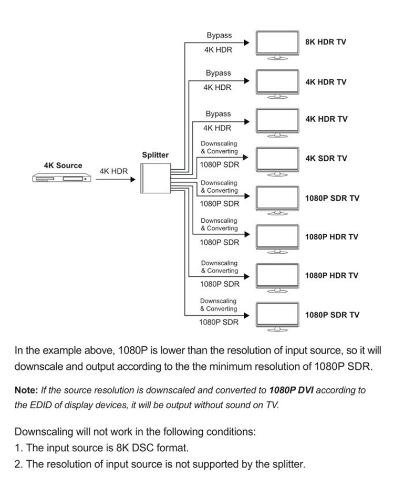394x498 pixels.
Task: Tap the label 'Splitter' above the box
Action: pyautogui.click(x=155, y=155)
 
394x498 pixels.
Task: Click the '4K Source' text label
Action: pyautogui.click(x=63, y=165)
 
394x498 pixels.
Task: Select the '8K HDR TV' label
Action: pyautogui.click(x=326, y=42)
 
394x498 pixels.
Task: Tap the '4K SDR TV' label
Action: pyautogui.click(x=326, y=158)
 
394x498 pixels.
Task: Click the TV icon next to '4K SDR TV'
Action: pyautogui.click(x=277, y=160)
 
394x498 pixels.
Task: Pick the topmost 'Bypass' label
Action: pyautogui.click(x=219, y=35)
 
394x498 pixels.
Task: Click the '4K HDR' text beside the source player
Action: pyautogui.click(x=114, y=171)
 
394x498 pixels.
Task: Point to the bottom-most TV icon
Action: pyautogui.click(x=277, y=316)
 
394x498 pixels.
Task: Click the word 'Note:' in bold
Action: pyautogui.click(x=26, y=391)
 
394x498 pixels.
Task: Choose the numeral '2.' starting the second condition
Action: pyautogui.click(x=19, y=464)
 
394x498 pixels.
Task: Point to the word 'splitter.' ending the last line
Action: pyautogui.click(x=288, y=464)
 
